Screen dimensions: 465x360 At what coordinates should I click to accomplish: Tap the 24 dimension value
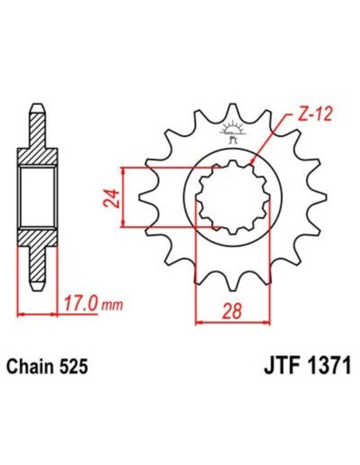(112, 197)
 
